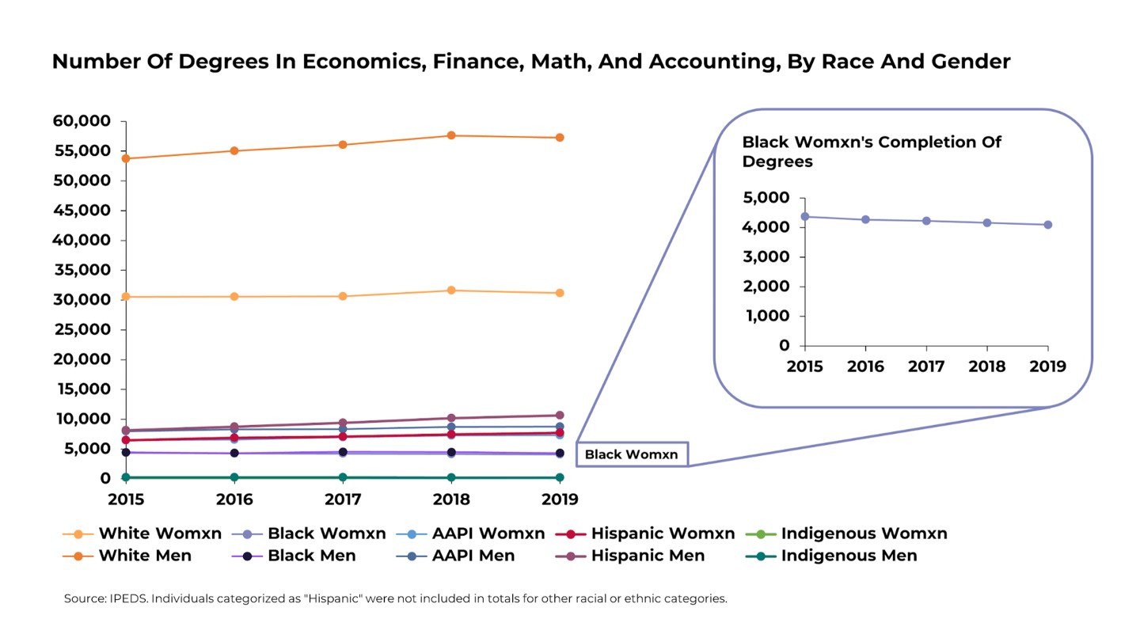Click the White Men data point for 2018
451,135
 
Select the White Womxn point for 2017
343,296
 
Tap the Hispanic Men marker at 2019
560,415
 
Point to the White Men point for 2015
126,158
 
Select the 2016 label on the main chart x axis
234,499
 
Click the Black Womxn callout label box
632,454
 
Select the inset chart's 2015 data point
805,216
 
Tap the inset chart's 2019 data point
1047,225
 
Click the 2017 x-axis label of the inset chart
926,366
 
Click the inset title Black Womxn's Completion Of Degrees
871,151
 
